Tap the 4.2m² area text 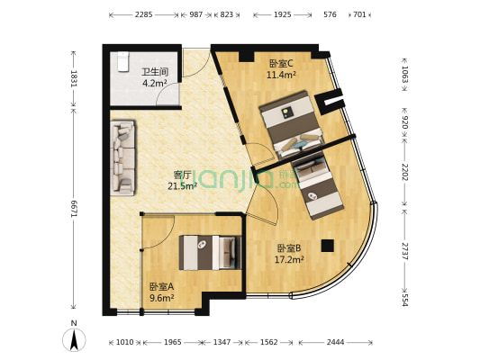tap(155, 83)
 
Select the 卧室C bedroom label tap(281, 63)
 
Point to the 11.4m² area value tap(281, 76)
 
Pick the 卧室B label tap(288, 247)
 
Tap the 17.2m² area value tap(288, 260)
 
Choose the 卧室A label tap(161, 286)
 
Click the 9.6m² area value tap(161, 299)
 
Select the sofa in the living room tap(122, 158)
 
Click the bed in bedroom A tap(211, 253)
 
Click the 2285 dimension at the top tap(143, 15)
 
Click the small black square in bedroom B tap(327, 245)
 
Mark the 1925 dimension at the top tap(282, 15)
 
